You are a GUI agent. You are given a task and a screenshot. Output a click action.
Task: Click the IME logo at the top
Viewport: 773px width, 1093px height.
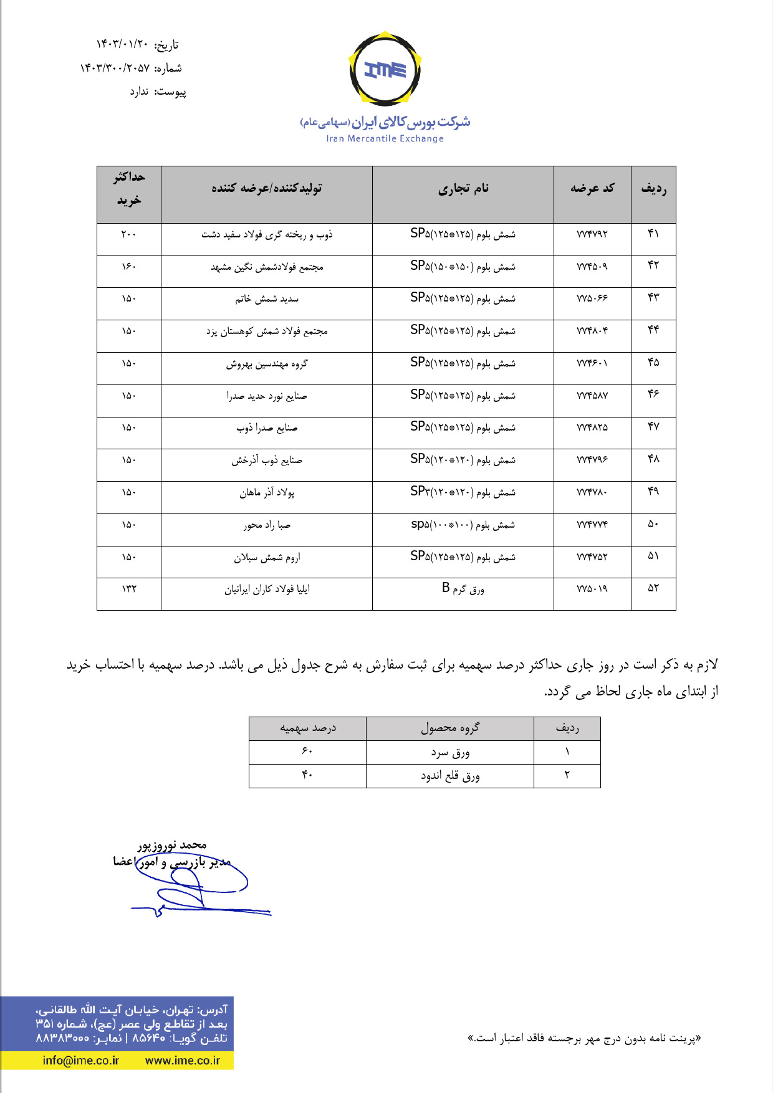(385, 69)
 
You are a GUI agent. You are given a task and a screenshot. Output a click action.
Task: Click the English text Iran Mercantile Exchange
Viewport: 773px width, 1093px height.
(385, 139)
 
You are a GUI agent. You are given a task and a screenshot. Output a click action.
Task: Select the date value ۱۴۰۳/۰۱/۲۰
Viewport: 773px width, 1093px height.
(123, 44)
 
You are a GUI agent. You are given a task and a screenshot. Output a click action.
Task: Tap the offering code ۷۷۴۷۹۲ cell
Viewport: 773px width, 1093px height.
(592, 234)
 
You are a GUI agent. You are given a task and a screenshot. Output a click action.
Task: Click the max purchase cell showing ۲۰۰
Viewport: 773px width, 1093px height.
(128, 234)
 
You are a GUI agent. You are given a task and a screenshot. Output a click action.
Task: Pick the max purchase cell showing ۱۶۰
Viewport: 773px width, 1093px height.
(128, 267)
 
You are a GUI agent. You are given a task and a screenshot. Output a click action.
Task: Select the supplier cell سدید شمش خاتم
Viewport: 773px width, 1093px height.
(267, 299)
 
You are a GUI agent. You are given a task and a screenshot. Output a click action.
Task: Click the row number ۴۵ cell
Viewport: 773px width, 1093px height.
(653, 363)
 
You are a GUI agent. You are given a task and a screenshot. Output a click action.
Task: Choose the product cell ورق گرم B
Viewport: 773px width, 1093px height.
(463, 589)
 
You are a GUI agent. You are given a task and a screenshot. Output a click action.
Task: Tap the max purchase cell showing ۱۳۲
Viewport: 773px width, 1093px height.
(128, 589)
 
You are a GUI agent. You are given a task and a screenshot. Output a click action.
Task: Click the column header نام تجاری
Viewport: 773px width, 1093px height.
(463, 188)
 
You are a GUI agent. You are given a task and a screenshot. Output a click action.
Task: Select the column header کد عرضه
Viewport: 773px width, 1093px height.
(592, 188)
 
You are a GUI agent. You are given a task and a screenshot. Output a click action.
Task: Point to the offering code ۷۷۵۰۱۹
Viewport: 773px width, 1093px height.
(592, 589)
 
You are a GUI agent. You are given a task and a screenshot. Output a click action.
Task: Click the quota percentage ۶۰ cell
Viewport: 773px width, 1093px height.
(307, 752)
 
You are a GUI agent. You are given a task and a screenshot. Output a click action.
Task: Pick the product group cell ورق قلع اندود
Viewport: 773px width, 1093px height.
(449, 776)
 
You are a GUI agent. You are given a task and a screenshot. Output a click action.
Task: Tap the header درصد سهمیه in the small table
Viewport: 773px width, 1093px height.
(307, 728)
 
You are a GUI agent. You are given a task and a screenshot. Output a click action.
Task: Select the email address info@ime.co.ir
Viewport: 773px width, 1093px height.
(80, 1060)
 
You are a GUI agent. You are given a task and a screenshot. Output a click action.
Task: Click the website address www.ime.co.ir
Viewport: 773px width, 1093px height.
(182, 1060)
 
